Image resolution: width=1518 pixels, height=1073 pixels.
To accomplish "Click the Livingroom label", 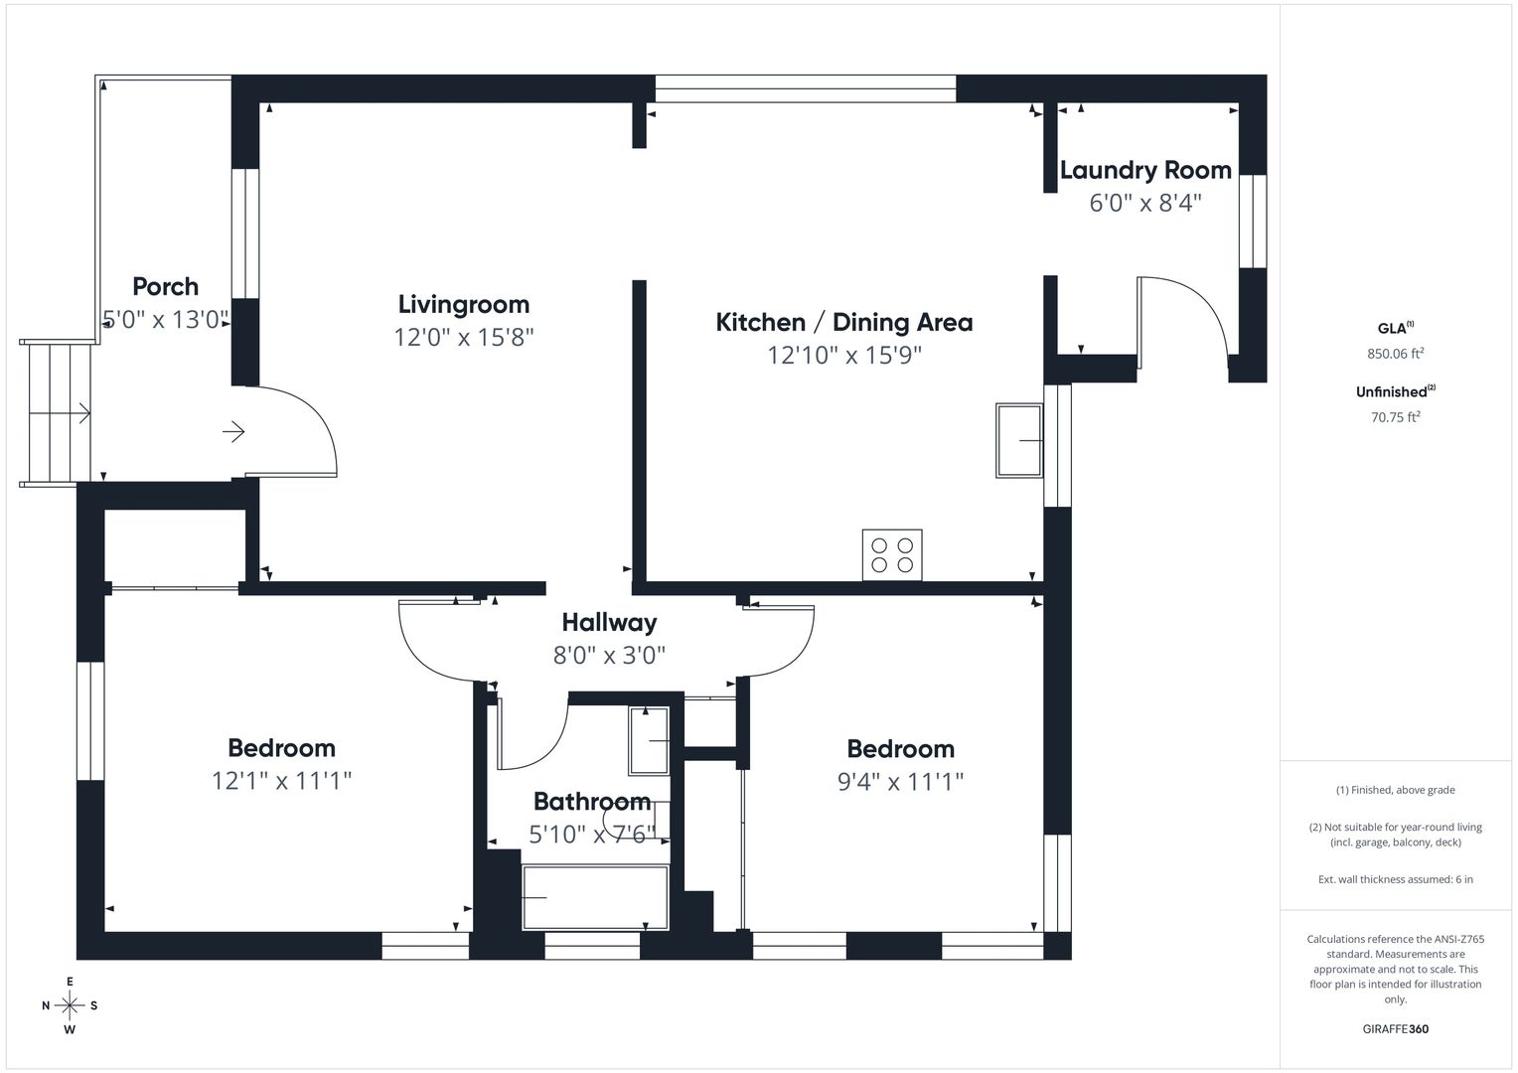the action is [x=464, y=304].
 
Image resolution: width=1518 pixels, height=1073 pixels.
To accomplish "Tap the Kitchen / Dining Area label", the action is [x=843, y=322].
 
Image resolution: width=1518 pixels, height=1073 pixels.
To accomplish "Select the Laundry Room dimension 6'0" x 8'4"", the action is [x=1145, y=203].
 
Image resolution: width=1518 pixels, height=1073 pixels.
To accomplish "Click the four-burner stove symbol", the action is [x=892, y=554].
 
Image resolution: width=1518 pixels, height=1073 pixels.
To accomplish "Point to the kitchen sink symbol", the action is [x=1018, y=440].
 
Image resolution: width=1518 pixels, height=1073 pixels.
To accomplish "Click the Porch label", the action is [x=165, y=286].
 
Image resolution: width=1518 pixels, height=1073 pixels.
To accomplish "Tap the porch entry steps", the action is [x=56, y=412].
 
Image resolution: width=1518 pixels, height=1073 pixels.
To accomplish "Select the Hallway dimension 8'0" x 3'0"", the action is [x=609, y=656].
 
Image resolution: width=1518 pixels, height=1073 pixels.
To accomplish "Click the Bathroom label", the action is [x=592, y=801].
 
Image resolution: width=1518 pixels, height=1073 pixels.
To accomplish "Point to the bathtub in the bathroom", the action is [x=595, y=897].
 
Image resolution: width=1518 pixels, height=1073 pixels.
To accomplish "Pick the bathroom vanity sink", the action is [x=649, y=740].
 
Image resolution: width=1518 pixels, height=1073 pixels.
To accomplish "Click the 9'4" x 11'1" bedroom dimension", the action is [x=900, y=782].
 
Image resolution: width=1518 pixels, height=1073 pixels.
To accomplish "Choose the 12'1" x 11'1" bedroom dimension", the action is [x=281, y=781].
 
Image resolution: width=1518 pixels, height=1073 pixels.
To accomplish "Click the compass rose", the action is [x=70, y=1005].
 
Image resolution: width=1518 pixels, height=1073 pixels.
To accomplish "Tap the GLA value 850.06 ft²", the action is [x=1396, y=353].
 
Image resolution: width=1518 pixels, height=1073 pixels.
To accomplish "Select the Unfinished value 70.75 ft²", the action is [x=1396, y=417].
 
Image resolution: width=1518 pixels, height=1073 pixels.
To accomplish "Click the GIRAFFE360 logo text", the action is [x=1396, y=1029].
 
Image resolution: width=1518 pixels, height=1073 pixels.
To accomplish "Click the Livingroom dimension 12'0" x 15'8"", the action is [x=464, y=337].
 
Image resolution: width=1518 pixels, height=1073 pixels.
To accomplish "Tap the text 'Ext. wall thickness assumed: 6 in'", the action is [x=1396, y=879].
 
